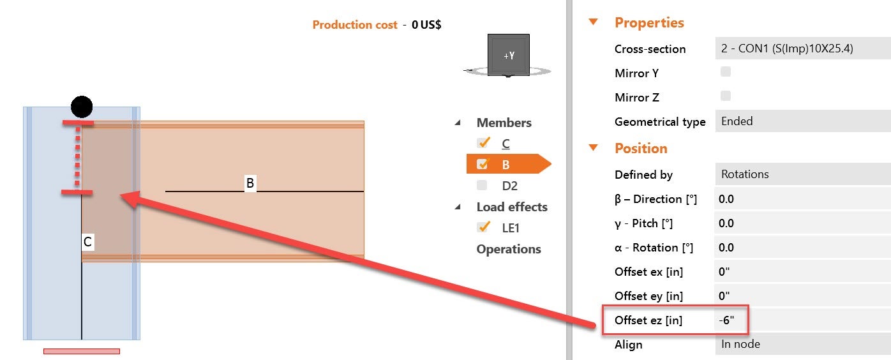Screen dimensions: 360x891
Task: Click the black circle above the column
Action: click(82, 107)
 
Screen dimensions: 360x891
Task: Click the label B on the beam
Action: click(250, 184)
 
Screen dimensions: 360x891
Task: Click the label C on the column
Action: click(88, 242)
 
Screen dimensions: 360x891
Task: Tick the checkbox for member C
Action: click(483, 142)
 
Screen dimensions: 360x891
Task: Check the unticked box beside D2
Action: click(483, 185)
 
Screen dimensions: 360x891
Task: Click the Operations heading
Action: click(509, 249)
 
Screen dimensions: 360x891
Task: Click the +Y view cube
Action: click(508, 56)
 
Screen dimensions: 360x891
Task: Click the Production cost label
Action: click(354, 25)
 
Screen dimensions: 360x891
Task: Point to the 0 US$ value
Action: click(426, 25)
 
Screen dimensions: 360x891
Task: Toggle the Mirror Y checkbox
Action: click(726, 72)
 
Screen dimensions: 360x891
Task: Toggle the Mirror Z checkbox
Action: click(726, 96)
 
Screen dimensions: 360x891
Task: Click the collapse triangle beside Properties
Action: click(594, 22)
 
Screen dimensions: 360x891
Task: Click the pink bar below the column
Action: click(82, 351)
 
